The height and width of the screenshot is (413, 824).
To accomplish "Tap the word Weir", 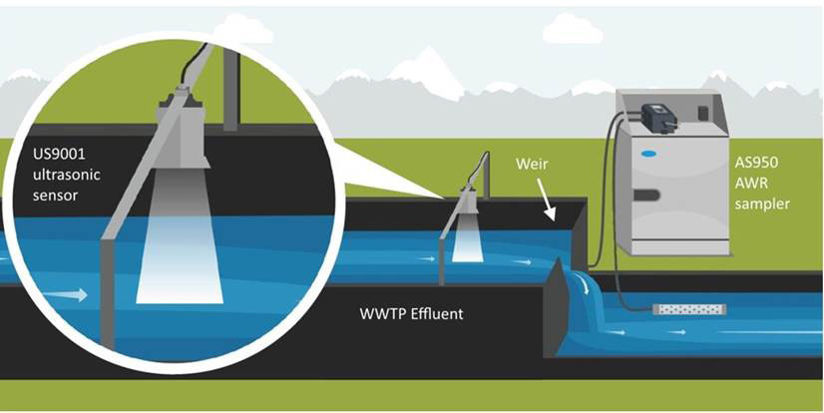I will click(532, 164).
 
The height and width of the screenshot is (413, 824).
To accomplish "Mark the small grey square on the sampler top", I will click(704, 112).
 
